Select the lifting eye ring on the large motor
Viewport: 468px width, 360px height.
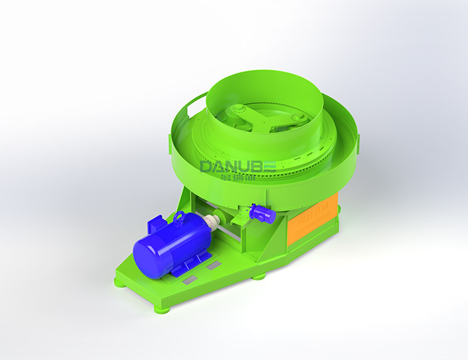pos(179,216)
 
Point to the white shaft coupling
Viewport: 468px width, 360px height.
pos(213,222)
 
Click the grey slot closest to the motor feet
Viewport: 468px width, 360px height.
pos(213,266)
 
